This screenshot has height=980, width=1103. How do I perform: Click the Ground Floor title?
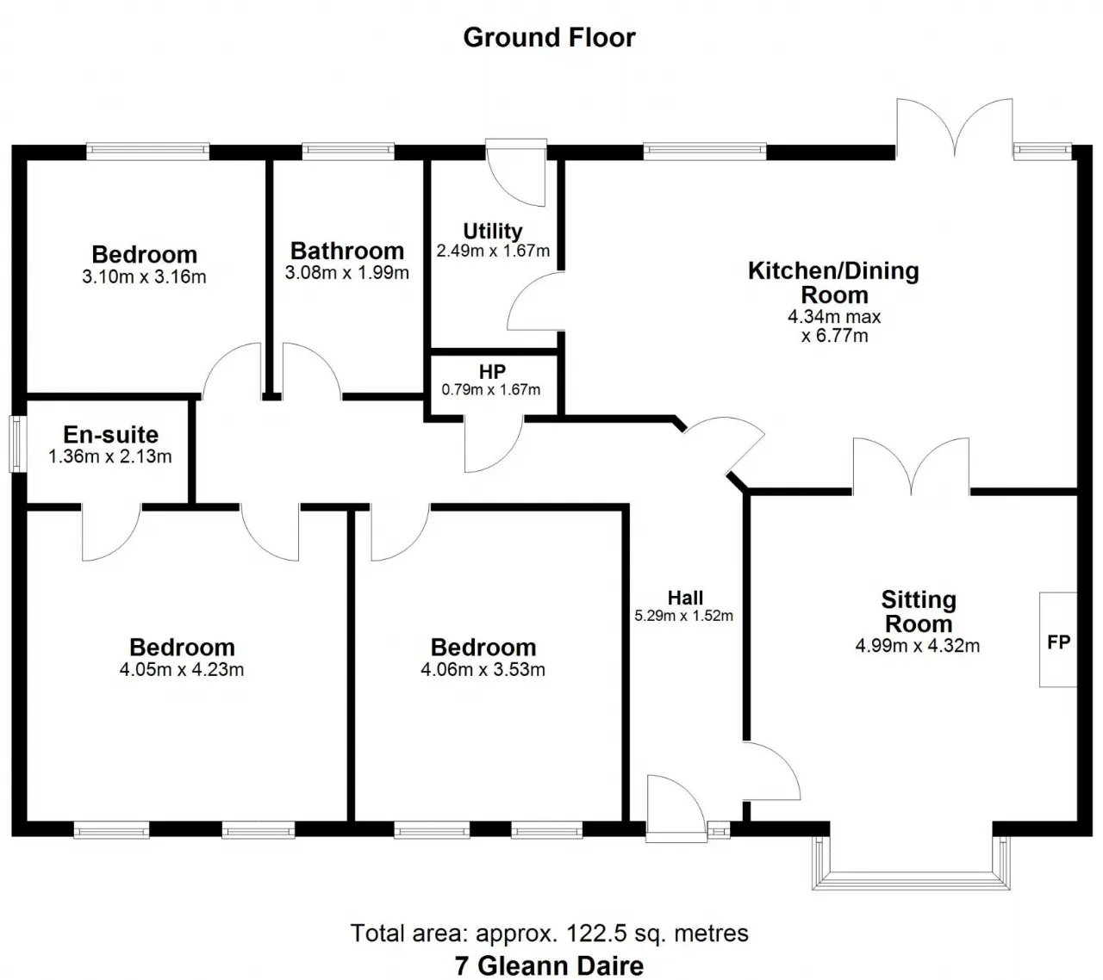549,38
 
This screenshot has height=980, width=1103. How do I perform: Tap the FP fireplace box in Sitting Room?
1058,640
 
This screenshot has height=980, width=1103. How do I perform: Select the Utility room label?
492,231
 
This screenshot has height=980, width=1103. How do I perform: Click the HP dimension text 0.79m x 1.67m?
491,390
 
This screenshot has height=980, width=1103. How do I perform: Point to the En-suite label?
110,435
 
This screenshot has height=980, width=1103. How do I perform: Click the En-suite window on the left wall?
17,443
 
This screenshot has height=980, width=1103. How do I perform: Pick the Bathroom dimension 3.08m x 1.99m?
346,273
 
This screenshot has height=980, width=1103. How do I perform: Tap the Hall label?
685,598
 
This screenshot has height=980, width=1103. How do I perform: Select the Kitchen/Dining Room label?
833,282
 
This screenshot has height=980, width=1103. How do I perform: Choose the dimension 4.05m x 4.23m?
182,670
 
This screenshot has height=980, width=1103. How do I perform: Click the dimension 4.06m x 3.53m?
483,670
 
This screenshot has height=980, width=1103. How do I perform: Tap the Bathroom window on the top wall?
348,152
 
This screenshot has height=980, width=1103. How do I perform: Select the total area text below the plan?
549,933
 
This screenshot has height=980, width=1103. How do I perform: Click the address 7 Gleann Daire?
549,965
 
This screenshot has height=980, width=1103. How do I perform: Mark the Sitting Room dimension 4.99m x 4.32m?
918,646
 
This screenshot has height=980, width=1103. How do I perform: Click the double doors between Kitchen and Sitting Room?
912,469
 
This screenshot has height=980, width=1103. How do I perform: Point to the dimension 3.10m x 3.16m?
145,277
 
